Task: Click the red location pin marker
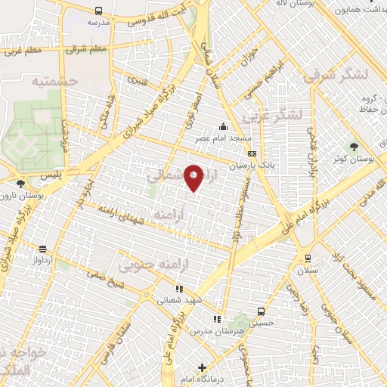[194, 177]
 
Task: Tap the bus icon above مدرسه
[99, 11]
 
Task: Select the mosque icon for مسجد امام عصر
[223, 126]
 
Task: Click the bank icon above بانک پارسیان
[252, 153]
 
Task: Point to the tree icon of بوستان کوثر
[353, 146]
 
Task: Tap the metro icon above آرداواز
[43, 248]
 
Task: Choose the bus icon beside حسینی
[262, 311]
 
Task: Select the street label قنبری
[138, 79]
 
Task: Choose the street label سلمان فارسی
[119, 336]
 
